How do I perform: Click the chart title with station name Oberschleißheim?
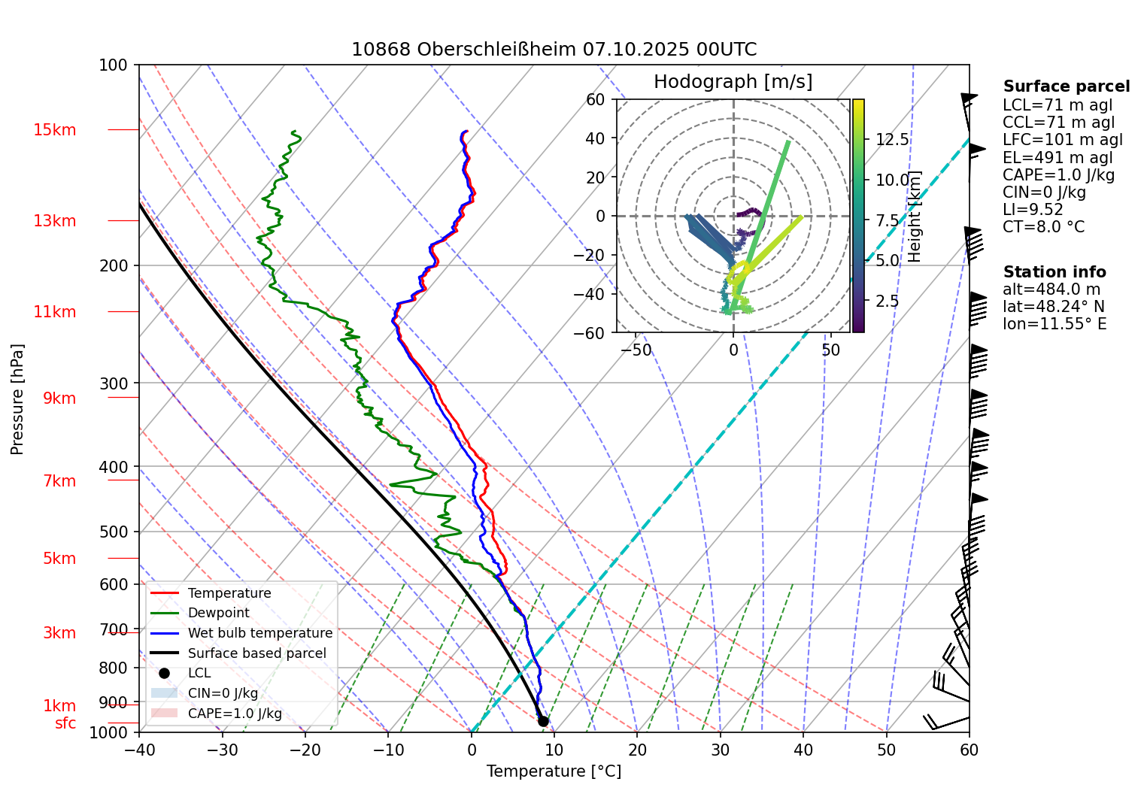coord(554,50)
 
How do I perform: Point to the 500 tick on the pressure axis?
coord(114,532)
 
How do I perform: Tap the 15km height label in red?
coord(54,130)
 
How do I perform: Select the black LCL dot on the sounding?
coord(543,722)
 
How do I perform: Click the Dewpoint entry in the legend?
coord(218,613)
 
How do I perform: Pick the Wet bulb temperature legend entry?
coord(259,633)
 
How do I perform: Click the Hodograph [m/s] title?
coord(733,82)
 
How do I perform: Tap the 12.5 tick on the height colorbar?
coord(892,140)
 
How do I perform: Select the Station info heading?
coord(1054,272)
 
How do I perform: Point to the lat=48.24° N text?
coord(1053,307)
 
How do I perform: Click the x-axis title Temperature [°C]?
coord(554,771)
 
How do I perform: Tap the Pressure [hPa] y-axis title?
coord(17,399)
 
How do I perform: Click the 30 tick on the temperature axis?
coord(720,750)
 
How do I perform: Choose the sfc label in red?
coord(65,723)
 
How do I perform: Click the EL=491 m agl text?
coord(1057,158)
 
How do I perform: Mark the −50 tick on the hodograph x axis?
coord(636,350)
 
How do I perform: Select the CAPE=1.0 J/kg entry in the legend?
coord(235,714)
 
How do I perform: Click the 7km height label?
coord(59,481)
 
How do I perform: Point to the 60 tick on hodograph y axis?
coord(595,99)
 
